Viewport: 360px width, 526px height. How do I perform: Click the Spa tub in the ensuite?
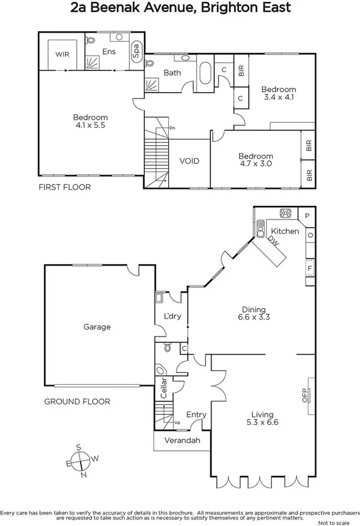[x=136, y=52]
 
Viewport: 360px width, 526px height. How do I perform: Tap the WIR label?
[x=62, y=54]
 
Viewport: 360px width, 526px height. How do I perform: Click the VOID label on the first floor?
[x=189, y=161]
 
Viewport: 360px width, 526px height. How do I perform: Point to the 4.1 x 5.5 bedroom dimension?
[x=90, y=126]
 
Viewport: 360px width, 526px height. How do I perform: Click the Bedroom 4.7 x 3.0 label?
[x=255, y=160]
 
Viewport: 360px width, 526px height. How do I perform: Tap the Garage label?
[x=97, y=326]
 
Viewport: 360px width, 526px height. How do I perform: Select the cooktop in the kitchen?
[x=285, y=214]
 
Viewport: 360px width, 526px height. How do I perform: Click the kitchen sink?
[x=261, y=227]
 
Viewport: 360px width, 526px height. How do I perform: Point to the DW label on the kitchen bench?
[x=273, y=242]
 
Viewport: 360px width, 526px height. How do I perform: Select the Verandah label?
[x=182, y=441]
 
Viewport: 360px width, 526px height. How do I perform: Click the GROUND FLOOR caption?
[x=77, y=402]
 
